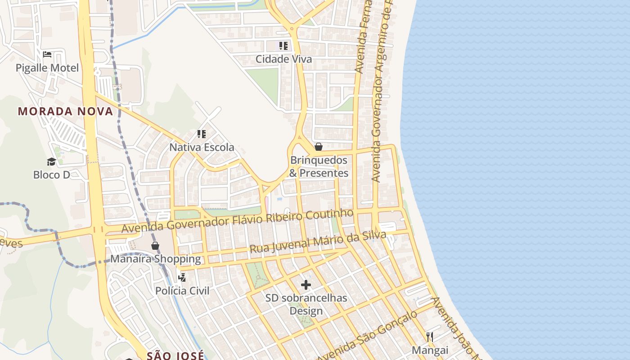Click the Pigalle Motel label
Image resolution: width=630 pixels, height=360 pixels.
47,68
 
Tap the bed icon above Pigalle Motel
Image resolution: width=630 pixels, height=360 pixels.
47,55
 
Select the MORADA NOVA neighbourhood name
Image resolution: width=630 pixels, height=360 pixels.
65,111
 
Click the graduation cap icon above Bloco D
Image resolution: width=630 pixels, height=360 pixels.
51,162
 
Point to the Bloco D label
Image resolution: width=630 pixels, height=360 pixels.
52,175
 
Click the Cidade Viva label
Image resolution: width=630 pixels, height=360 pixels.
283,59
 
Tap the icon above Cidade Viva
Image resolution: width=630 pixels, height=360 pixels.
283,45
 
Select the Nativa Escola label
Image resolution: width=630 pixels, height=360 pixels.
202,147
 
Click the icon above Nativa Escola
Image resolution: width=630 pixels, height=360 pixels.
201,134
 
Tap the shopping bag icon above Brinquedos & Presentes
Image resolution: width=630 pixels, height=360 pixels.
319,147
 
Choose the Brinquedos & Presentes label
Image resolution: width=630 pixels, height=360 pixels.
319,166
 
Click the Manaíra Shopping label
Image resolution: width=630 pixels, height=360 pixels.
156,259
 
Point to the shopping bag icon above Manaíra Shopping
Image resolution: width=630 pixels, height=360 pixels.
155,246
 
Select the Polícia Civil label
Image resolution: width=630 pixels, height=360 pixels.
182,291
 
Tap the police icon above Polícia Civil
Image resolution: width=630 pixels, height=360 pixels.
182,277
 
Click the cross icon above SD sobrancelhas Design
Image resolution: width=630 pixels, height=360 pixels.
306,284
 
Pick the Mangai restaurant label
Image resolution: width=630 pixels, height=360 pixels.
430,350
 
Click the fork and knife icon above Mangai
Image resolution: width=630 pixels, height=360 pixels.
430,337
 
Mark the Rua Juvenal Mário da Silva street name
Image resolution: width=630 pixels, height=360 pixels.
318,242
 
